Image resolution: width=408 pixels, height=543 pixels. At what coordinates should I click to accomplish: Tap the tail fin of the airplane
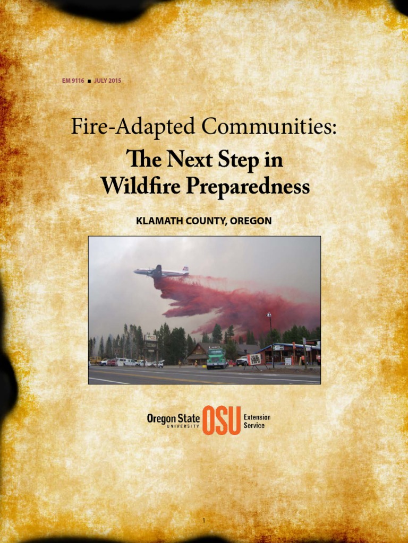185,269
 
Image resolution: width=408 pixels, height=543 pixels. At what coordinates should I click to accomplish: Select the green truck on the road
216,358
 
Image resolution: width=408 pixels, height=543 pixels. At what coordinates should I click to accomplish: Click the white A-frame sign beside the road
255,360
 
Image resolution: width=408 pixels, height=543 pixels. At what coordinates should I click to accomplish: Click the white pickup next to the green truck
242,361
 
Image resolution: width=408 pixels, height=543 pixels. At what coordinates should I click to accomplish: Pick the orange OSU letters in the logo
222,421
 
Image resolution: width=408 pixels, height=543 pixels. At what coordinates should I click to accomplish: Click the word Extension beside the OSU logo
257,417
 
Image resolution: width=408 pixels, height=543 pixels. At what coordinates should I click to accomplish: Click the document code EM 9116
72,81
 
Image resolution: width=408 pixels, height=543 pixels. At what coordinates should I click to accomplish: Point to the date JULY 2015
107,81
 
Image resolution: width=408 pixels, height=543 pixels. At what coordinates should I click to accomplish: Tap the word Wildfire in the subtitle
138,187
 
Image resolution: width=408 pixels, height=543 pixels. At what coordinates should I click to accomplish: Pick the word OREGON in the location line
252,221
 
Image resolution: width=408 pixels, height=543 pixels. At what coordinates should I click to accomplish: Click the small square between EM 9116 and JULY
89,81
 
